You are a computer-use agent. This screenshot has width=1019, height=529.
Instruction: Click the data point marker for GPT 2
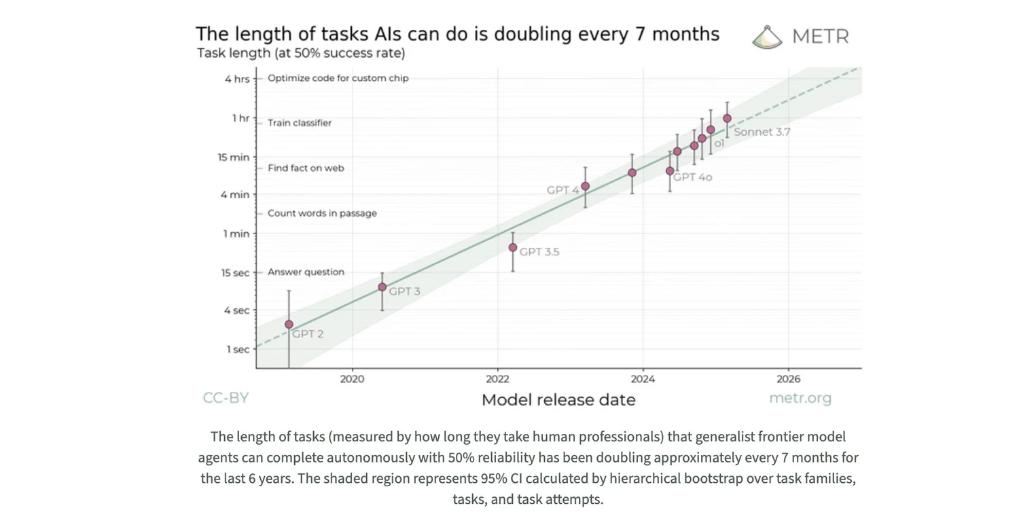pos(289,325)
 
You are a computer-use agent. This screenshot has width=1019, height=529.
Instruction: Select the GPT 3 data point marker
pos(382,287)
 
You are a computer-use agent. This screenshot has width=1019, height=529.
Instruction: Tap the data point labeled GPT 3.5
pos(513,247)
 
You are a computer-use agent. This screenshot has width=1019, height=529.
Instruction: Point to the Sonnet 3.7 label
pos(762,132)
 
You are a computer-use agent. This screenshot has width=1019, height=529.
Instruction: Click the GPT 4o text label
pos(693,177)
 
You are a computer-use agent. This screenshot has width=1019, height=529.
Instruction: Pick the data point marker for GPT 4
pos(585,186)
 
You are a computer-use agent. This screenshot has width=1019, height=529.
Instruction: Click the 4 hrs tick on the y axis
pos(237,79)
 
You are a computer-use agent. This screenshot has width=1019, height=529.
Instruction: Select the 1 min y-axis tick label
pos(237,234)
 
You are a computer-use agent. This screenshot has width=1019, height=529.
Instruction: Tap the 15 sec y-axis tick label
pos(235,273)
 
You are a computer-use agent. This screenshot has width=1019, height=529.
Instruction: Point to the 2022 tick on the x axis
pos(497,378)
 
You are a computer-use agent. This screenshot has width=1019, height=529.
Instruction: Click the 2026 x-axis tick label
pos(788,378)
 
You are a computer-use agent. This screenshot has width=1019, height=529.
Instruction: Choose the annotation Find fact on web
pos(306,168)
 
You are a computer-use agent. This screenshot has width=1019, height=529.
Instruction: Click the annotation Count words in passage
pos(322,213)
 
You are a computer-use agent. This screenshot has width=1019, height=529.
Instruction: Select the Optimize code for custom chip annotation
pos(338,78)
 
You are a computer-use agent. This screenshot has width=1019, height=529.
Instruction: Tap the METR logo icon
pos(768,37)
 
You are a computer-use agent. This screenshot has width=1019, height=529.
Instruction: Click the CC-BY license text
pos(226,398)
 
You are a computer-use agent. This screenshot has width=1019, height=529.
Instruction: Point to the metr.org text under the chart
pos(800,398)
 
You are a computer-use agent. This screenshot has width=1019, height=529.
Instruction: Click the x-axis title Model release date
pos(558,400)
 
